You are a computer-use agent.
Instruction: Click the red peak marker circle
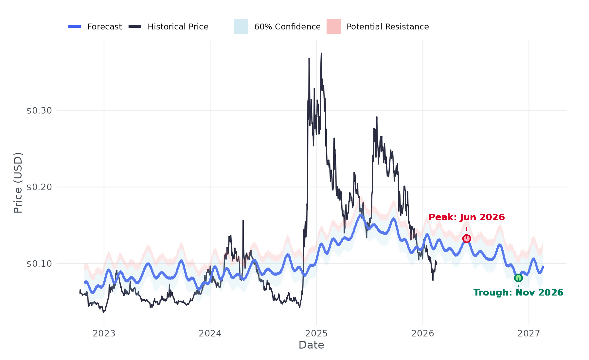(467, 239)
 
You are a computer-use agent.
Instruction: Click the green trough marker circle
(518, 278)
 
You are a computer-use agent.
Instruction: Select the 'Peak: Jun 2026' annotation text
(467, 217)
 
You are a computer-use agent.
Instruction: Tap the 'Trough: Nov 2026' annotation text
(518, 292)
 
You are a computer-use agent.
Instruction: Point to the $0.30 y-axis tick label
(39, 111)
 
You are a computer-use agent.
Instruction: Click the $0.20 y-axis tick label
(39, 187)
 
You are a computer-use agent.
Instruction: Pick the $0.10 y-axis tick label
(39, 264)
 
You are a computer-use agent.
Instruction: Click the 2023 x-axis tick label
(104, 333)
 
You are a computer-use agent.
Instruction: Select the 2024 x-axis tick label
(210, 333)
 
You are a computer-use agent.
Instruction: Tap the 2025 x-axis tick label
(316, 333)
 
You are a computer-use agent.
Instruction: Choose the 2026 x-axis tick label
(422, 333)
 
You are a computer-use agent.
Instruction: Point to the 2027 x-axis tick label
(529, 333)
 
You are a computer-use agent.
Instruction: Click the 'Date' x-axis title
(311, 345)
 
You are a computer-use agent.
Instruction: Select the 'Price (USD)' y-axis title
(18, 183)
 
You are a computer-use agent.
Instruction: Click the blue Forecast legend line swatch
(75, 27)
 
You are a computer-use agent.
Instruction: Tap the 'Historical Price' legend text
(178, 27)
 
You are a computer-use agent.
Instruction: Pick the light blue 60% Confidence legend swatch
(241, 27)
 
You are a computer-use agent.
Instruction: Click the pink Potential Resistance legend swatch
(333, 27)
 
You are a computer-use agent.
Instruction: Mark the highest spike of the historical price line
(321, 53)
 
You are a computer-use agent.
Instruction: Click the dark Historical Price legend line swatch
(135, 27)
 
